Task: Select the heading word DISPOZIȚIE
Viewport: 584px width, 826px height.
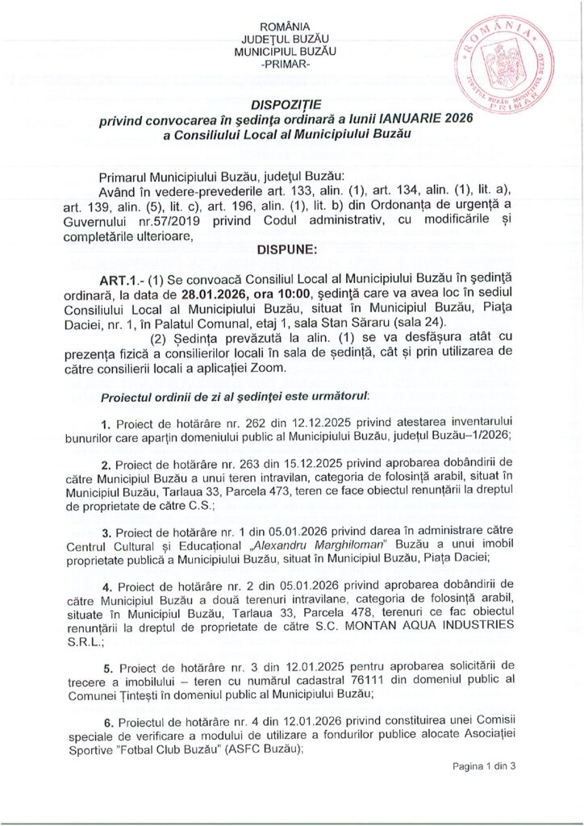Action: (286, 105)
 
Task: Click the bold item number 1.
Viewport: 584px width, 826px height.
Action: (106, 424)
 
